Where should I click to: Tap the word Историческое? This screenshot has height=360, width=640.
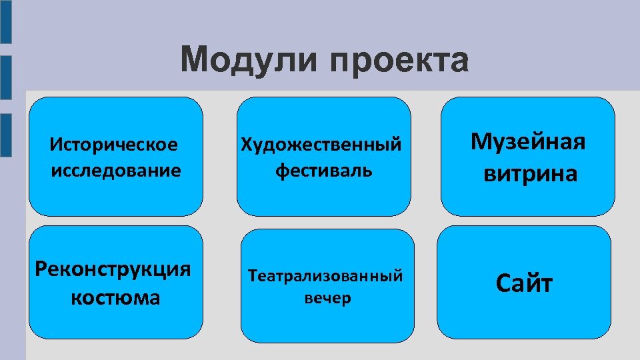coord(114,144)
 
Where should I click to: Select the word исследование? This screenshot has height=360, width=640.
coord(115,170)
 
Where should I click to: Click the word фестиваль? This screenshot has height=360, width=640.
coord(324,170)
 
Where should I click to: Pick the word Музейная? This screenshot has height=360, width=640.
coord(528,141)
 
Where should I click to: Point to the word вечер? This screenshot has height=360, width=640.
coord(327,298)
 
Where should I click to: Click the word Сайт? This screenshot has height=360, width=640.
coord(524,283)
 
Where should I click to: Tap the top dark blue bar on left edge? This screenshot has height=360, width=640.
coord(5,22)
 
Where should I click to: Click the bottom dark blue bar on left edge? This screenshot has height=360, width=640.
coord(5,135)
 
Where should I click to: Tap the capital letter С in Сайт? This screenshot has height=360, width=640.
coord(502,283)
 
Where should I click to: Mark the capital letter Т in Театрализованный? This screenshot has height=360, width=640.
coord(253,275)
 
